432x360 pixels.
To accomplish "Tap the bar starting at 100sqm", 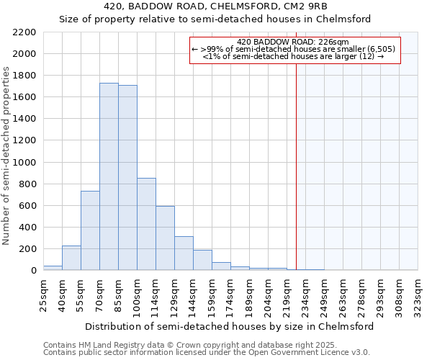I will pos(146,224).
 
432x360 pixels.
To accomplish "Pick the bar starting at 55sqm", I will pos(90,230).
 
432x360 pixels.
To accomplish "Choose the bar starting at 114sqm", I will pos(165,238).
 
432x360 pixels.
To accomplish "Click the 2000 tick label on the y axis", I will pos(24,54).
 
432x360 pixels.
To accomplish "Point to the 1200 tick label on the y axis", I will pos(24,140).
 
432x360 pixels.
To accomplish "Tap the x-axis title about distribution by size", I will pos(230,326).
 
